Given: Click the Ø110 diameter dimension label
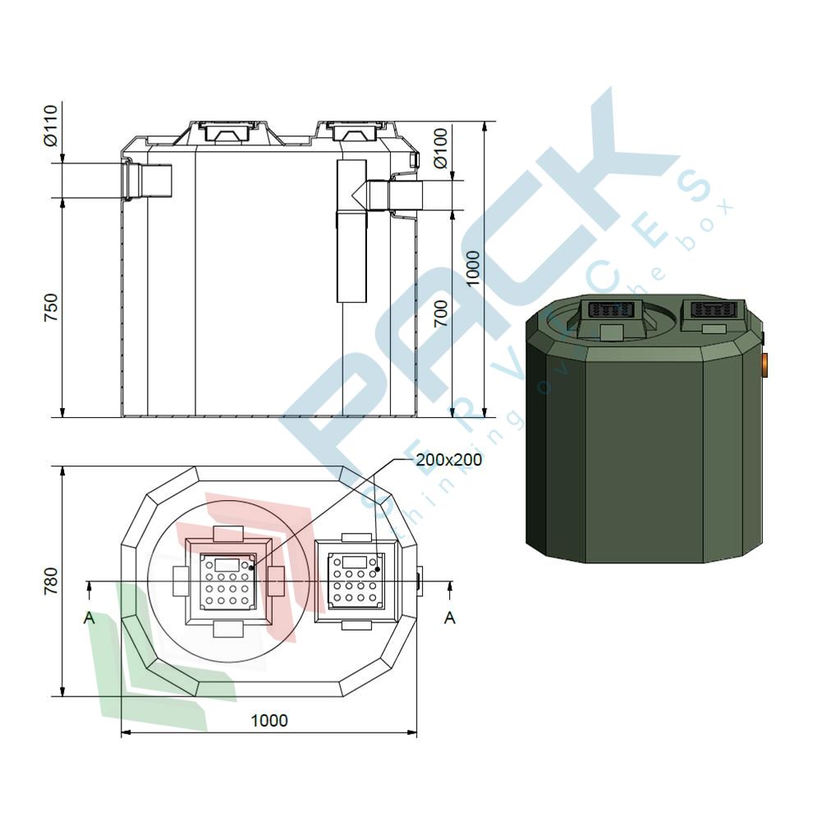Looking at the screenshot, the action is [51, 126].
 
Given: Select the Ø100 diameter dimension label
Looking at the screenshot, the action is [442, 148].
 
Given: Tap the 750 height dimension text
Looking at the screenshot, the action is [51, 307].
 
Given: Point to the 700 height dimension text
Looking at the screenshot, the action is [442, 314].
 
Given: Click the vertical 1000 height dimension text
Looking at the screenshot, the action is [472, 269].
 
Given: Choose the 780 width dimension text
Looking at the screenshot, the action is [51, 581].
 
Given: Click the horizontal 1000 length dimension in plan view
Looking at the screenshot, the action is [269, 720].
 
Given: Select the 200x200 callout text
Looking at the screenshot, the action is [448, 460].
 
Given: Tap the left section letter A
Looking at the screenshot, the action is [90, 618].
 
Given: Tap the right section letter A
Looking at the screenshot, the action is [450, 618].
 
